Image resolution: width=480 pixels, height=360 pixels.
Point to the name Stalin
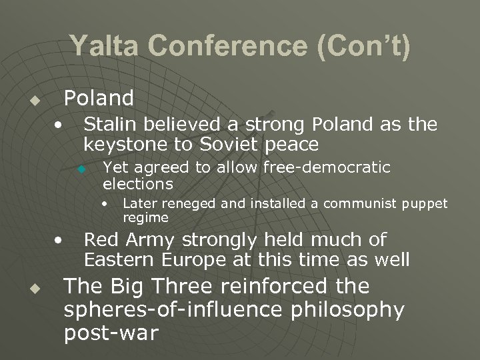tap(109, 124)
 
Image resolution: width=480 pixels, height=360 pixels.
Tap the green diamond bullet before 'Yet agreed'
tap(81, 169)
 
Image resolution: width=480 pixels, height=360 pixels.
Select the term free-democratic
tap(327, 167)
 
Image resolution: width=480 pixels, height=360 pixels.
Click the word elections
tap(138, 183)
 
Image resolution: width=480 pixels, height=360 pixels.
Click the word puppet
tap(425, 203)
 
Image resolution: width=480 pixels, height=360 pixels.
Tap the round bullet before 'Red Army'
tap(60, 239)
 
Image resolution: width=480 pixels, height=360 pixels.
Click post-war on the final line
tap(111, 333)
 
